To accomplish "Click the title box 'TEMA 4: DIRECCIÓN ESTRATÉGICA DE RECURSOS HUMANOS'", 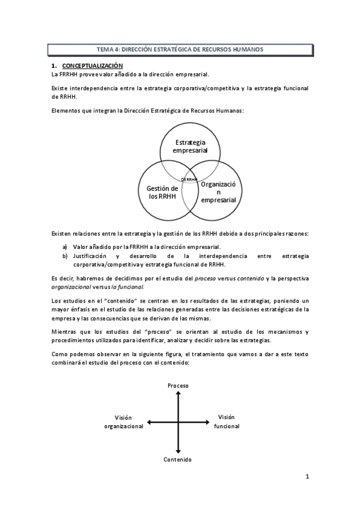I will click(x=180, y=49).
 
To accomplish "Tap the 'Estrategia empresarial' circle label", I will click(x=190, y=146).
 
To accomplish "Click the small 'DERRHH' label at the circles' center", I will click(x=189, y=179).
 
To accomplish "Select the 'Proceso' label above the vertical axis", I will click(x=178, y=385).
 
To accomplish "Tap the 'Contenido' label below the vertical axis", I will click(x=178, y=459).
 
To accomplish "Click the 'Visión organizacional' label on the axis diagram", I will click(x=123, y=422).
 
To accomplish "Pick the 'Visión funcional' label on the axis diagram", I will click(x=227, y=422).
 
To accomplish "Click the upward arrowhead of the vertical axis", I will click(x=178, y=394).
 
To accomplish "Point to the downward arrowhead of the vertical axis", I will click(x=178, y=450).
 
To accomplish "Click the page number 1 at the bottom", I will click(x=307, y=477).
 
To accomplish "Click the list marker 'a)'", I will click(x=65, y=247).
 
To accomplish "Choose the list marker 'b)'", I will click(x=65, y=256).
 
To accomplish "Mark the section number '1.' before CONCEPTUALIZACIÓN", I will click(x=54, y=66).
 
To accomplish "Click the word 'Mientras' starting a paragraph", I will click(x=64, y=332).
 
